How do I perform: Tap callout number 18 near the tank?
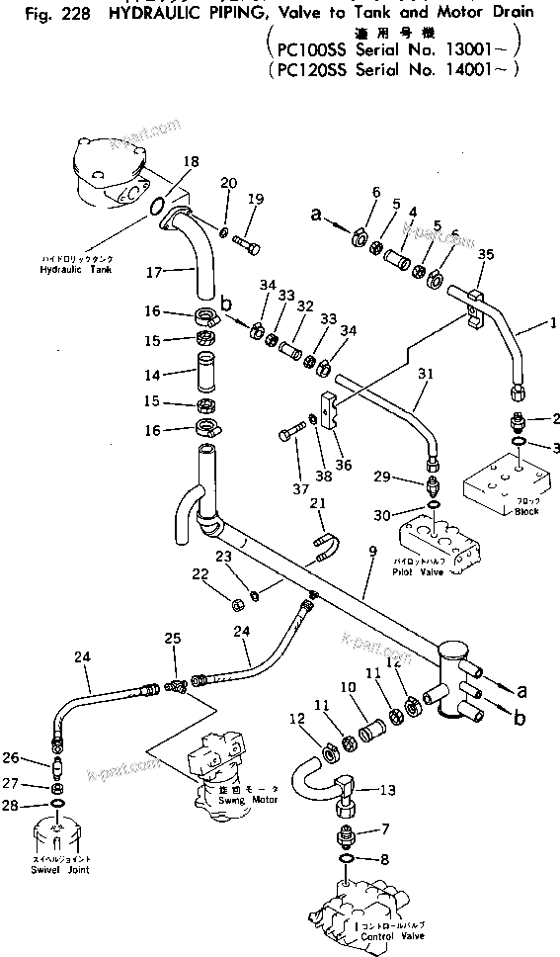point(191,161)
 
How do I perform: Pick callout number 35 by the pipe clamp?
point(485,255)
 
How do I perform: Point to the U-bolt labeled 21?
point(327,543)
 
